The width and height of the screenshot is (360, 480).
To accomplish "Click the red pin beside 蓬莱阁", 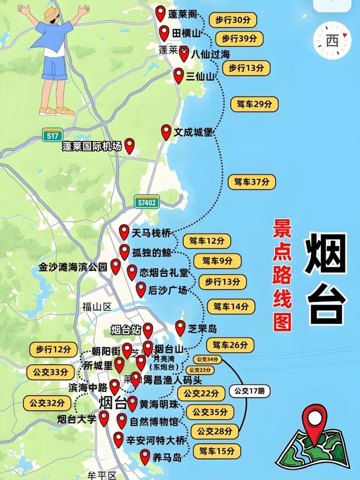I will click(x=160, y=12).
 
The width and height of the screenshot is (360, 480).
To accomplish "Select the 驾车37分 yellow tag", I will click(x=252, y=182).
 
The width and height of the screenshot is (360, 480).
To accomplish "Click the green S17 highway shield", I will click(x=53, y=135).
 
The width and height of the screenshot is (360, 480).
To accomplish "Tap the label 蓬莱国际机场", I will click(x=92, y=147).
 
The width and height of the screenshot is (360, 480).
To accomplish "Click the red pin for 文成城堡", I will click(x=166, y=132).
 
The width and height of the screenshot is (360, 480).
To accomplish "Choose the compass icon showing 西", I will click(x=332, y=40).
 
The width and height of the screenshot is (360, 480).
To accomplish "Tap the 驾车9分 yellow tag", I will click(x=217, y=261).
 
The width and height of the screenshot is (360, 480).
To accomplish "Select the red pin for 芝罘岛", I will click(x=180, y=327).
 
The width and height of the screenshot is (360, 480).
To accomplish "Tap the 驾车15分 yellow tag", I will click(x=217, y=451).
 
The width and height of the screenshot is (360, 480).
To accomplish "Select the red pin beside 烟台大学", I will click(x=104, y=417).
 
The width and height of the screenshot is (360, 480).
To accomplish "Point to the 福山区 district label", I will click(x=97, y=307).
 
